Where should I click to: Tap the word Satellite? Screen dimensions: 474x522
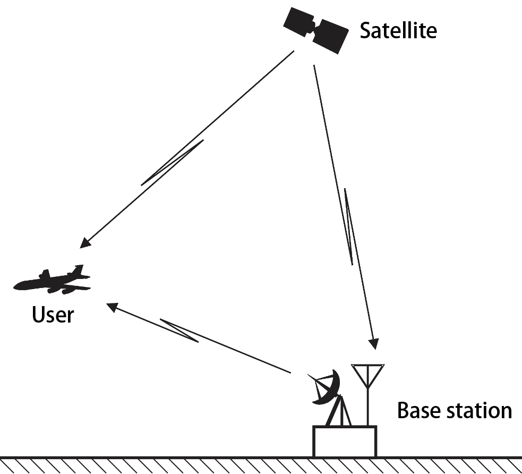coord(398,30)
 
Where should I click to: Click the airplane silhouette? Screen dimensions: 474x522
coord(53,282)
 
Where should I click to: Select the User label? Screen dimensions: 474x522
coord(53,315)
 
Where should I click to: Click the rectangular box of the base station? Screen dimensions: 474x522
coord(345,441)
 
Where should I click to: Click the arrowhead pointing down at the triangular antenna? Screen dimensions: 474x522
coord(374,343)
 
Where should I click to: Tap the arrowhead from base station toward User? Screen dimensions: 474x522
coord(112,306)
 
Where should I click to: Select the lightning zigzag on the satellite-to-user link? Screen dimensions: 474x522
coord(172,163)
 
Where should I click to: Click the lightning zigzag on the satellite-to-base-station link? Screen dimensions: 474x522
coord(348,226)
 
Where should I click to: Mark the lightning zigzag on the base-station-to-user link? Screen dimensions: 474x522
coord(179,331)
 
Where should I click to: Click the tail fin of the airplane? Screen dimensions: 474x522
coord(80,270)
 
